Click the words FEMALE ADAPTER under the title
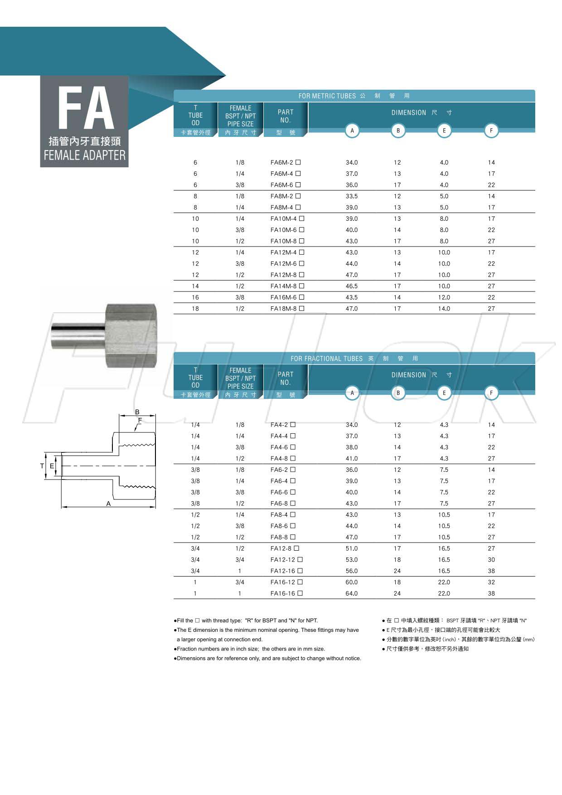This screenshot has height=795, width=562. click(84, 155)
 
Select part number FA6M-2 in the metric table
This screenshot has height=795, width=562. click(282, 162)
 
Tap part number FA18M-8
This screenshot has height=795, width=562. click(284, 309)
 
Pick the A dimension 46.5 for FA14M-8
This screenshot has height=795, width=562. click(351, 286)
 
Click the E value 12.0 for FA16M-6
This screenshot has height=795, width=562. click(444, 297)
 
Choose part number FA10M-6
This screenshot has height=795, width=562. click(284, 230)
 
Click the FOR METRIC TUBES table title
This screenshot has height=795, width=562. click(327, 96)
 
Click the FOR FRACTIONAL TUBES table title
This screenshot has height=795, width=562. click(326, 359)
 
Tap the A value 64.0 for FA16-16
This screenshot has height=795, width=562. click(351, 593)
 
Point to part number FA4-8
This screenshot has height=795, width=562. click(279, 458)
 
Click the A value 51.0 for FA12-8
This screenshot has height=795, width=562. click(351, 548)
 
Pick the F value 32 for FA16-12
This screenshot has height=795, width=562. click(491, 582)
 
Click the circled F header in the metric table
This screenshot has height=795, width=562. click(491, 131)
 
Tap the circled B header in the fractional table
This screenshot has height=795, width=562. click(398, 393)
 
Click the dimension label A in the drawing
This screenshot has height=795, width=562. click(108, 504)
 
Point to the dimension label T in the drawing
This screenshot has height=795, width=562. click(42, 466)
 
